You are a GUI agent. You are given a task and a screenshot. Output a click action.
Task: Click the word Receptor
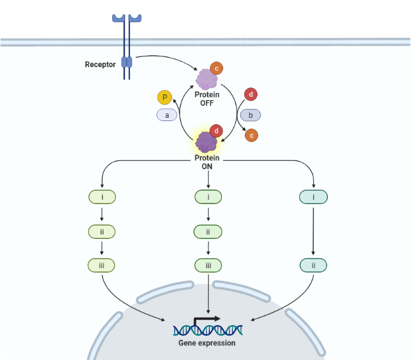(100, 64)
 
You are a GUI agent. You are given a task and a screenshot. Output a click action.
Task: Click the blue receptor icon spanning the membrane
(127, 48)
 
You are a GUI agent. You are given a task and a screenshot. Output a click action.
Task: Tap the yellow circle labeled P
(165, 97)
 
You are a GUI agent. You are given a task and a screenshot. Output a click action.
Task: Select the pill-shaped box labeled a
(167, 115)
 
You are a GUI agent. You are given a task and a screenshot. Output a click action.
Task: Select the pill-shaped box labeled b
(251, 115)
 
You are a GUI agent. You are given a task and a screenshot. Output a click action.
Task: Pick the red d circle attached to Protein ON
(217, 131)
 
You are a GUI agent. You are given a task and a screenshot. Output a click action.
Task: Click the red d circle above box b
(251, 95)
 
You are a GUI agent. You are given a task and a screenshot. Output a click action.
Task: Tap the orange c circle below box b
(251, 134)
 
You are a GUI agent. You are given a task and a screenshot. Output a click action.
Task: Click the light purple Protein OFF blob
(206, 79)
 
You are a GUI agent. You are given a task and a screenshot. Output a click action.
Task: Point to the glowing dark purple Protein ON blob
(206, 141)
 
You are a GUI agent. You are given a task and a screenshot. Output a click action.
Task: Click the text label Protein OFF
(207, 99)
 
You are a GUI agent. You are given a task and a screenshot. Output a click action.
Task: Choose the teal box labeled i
(313, 197)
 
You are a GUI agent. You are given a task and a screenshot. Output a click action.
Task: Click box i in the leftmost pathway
(101, 197)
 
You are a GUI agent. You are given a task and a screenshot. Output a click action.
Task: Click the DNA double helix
(207, 330)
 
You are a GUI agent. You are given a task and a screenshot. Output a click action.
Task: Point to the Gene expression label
(207, 343)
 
